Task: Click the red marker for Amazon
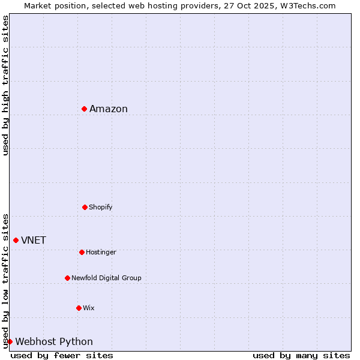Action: click(85, 109)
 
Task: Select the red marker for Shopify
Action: click(85, 207)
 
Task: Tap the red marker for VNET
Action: click(16, 240)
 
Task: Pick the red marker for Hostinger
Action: click(82, 252)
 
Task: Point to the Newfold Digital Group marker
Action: click(67, 278)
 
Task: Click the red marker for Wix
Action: click(79, 308)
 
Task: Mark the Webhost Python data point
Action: click(10, 341)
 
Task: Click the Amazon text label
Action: click(109, 109)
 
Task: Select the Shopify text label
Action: click(101, 207)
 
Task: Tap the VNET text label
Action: click(34, 240)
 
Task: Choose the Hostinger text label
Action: click(101, 252)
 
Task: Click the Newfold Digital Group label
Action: click(106, 278)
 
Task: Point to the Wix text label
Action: click(89, 308)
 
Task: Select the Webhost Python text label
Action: click(54, 341)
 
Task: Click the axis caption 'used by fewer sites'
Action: click(62, 355)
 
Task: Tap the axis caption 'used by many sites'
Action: click(301, 355)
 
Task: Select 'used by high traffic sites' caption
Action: click(5, 85)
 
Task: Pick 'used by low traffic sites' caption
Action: click(5, 280)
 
